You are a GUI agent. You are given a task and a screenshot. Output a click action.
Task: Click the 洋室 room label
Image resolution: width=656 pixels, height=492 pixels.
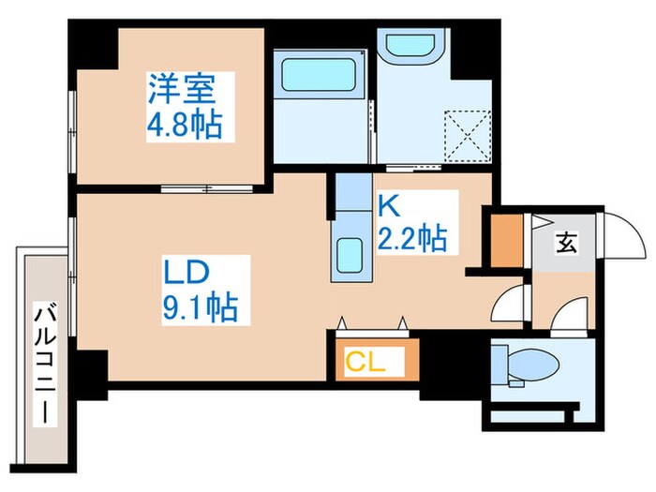click(182, 90)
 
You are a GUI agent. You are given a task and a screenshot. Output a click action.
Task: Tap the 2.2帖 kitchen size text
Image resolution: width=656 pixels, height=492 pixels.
click(411, 240)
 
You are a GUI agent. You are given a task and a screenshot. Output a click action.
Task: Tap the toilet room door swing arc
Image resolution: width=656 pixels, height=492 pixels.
click(568, 317)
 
